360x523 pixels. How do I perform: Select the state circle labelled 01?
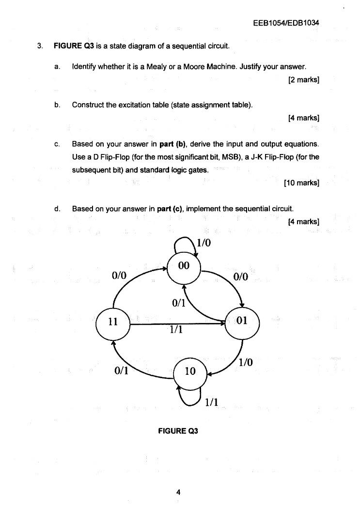click(243, 322)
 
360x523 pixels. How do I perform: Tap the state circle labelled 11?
click(113, 322)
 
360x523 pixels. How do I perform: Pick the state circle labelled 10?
click(189, 372)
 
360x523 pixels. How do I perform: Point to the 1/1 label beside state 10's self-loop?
click(212, 402)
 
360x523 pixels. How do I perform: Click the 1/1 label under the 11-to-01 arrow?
click(175, 330)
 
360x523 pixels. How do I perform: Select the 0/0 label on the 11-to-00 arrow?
click(119, 276)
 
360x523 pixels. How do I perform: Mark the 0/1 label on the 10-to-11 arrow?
click(121, 370)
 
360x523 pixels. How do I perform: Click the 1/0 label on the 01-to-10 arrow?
click(246, 362)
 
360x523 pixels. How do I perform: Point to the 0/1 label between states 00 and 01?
click(179, 304)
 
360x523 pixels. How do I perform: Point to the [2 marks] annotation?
click(303, 79)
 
